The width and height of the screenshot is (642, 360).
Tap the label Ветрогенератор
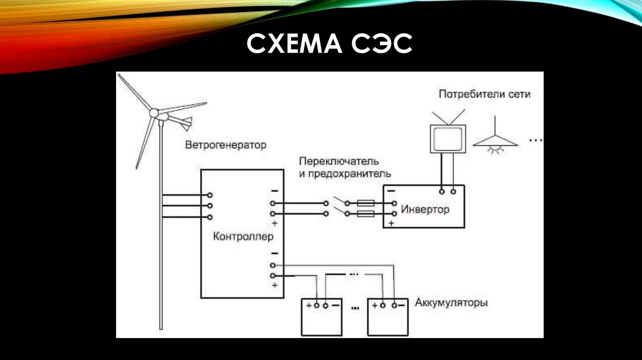225,145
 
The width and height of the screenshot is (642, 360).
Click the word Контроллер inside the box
240,236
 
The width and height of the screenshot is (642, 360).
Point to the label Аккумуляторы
451,303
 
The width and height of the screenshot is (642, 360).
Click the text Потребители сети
484,95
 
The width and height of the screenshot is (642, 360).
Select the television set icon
447,137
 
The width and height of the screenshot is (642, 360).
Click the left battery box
322,316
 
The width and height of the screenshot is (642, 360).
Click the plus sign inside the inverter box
391,223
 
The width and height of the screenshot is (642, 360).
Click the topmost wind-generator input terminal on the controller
209,195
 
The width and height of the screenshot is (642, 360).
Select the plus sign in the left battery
308,305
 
